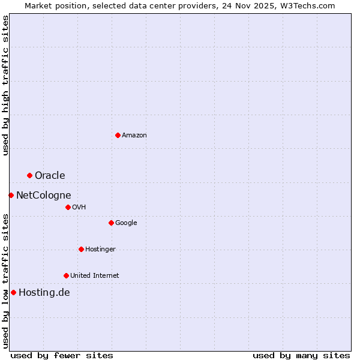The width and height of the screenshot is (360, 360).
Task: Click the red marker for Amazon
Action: pos(118,135)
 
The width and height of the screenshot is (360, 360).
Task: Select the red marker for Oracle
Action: pos(29,175)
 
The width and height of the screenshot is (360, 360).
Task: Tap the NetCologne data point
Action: pos(11,195)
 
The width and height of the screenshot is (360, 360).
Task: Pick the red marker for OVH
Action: pos(68,207)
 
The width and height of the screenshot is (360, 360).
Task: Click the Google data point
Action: pos(111,223)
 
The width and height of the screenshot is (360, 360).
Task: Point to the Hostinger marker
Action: pos(81,249)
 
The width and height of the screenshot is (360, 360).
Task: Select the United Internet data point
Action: pos(66,275)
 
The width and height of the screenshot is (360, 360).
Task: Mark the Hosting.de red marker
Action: pos(13,292)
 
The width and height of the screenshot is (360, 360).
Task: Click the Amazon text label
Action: pos(134,135)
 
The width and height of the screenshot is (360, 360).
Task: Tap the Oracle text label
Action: pos(50,175)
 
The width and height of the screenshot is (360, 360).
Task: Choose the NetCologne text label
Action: pos(43,195)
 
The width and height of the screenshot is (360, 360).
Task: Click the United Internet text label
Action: pos(95,275)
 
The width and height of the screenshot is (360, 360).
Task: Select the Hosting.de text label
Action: pos(44,292)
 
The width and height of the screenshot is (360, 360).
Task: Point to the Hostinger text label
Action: pos(100,249)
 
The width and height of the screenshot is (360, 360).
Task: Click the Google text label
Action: pos(126,223)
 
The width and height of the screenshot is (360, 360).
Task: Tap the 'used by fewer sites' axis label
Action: pos(62,355)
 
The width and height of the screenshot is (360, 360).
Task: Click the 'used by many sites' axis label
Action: pos(301,355)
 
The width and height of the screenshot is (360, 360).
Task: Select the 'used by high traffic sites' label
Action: pos(5,85)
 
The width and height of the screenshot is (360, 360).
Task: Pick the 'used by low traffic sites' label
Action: pos(5,280)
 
